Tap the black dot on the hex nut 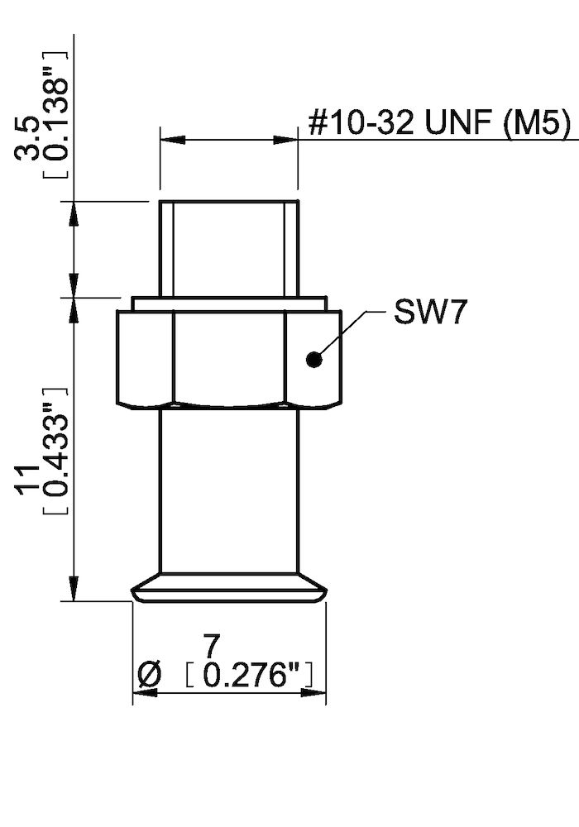click(x=313, y=359)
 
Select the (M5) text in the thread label click(x=535, y=125)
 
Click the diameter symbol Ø click(x=146, y=676)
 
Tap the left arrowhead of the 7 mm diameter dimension click(x=141, y=692)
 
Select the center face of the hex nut click(x=229, y=357)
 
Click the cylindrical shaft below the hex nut click(x=228, y=488)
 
